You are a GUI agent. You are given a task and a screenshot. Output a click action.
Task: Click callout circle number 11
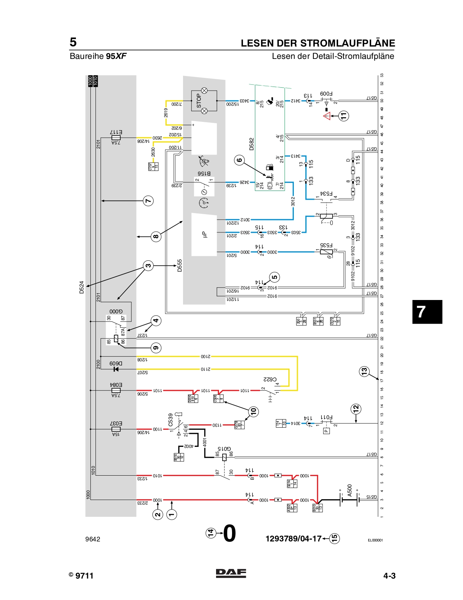pos(344,116)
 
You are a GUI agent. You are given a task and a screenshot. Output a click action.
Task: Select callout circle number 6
pos(239,160)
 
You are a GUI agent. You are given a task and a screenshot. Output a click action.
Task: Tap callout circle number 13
pos(364,371)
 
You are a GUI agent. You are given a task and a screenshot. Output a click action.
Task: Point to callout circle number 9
pos(156,348)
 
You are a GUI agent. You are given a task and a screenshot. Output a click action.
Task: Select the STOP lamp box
pos(204,101)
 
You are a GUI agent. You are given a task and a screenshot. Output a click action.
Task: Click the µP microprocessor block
pos(204,235)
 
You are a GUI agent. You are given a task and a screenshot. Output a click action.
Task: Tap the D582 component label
pos(252,144)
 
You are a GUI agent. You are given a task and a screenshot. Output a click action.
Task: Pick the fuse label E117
pos(116,132)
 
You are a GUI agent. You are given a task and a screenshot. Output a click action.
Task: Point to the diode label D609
pos(116,363)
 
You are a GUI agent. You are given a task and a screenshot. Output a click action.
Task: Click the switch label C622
pos(269,379)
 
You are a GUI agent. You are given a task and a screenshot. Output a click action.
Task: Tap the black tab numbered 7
pos(427,312)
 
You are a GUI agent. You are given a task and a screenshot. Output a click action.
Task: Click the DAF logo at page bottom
pos(231,573)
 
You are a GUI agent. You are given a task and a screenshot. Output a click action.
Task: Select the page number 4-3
pos(389,576)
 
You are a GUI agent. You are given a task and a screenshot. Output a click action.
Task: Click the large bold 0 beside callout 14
pos(230,534)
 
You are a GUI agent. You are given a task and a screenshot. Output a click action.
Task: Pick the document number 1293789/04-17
pos(293,539)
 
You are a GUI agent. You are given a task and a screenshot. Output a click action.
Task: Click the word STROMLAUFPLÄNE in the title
pos(348,43)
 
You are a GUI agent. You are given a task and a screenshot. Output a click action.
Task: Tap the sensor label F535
pos(326,245)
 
